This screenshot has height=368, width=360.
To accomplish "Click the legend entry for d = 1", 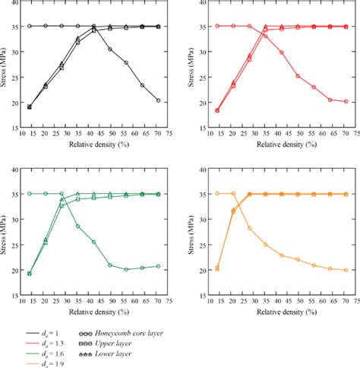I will point(47,332).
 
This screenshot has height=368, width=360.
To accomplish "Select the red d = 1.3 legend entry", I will point(47,343).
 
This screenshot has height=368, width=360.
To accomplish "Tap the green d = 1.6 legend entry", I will point(47,354).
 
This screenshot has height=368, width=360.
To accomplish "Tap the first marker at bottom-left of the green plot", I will point(30,274).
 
